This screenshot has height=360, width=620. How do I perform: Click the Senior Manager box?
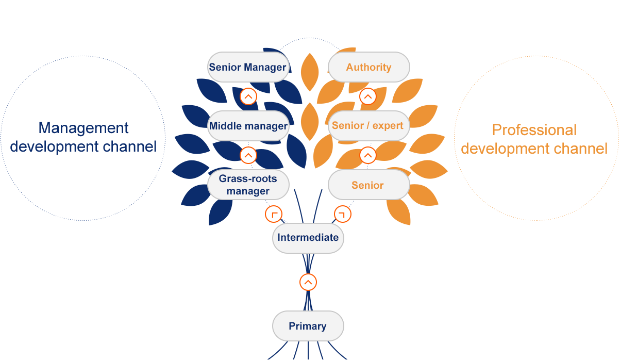(248, 67)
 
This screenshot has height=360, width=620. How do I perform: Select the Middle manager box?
(248, 126)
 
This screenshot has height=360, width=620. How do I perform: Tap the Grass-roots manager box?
(248, 185)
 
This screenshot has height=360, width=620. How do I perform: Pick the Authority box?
(368, 67)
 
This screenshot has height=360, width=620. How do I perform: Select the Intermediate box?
(308, 238)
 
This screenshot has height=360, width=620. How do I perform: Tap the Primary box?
(308, 326)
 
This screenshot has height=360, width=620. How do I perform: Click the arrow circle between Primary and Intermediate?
(308, 282)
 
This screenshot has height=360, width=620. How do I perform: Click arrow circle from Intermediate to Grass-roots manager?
(274, 214)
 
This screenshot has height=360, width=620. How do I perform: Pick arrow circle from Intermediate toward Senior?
(342, 214)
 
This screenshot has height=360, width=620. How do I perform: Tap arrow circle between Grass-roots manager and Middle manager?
(248, 155)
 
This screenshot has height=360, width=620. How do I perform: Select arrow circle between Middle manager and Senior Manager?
(248, 96)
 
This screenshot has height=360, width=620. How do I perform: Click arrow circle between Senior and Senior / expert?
(368, 155)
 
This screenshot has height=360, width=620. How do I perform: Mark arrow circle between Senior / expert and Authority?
(368, 96)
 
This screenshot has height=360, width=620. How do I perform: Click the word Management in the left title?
(83, 128)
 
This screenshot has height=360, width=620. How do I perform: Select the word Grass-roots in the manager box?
(248, 179)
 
